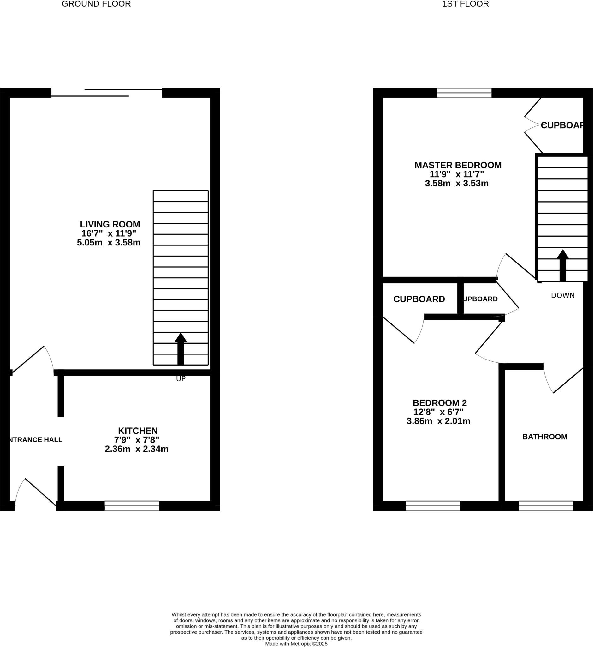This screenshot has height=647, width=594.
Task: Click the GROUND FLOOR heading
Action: (x=96, y=4)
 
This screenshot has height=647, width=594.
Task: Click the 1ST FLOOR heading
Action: (x=465, y=4)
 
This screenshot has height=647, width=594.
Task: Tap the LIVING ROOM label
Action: (x=110, y=224)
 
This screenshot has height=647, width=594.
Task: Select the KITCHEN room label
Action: (x=138, y=431)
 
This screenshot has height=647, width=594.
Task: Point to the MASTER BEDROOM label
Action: (x=458, y=165)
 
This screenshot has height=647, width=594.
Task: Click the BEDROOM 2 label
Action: (x=439, y=403)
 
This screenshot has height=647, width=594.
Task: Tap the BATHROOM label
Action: (x=544, y=437)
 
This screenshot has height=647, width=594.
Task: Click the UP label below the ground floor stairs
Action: (x=181, y=379)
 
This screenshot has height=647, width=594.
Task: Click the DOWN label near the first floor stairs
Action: (x=562, y=295)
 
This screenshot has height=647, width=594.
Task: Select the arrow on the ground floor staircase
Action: (x=181, y=348)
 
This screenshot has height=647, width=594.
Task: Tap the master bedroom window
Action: (x=464, y=93)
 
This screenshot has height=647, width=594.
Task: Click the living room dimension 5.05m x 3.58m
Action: (x=109, y=243)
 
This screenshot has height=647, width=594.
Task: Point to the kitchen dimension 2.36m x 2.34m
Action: (x=137, y=449)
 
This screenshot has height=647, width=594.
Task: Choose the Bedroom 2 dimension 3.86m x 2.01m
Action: (x=438, y=421)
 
